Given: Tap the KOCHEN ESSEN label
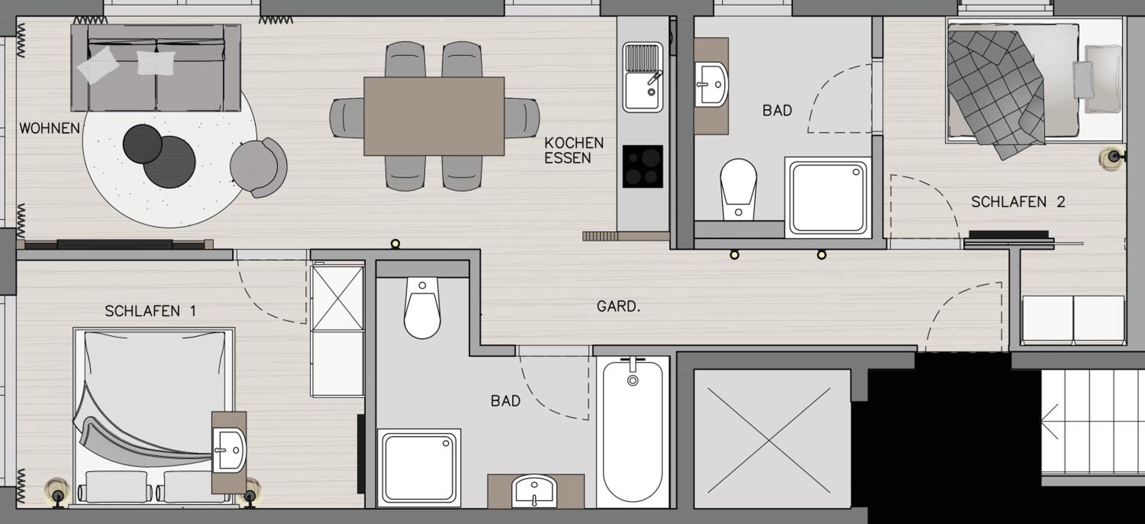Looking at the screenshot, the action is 574,150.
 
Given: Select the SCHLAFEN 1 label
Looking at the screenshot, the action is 150,311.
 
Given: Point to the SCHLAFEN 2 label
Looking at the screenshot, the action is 1018,202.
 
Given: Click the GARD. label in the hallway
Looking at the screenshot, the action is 618,306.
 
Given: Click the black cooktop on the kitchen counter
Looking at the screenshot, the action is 643,167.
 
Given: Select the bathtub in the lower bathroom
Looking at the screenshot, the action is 632,432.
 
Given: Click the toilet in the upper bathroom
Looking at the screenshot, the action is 738,189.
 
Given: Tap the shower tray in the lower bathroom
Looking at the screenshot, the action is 419,468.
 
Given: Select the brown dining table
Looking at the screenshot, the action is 434,116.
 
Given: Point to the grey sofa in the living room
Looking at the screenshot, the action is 156,68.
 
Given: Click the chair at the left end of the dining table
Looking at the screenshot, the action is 347,118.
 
